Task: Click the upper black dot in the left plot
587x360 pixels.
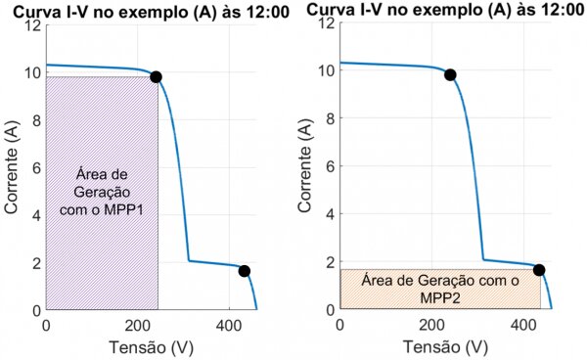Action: (156, 76)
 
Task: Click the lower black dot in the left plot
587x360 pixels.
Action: (244, 271)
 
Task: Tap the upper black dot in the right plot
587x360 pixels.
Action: (450, 74)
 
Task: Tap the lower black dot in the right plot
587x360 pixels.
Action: (539, 269)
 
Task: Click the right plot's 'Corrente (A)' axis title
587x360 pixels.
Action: (305, 165)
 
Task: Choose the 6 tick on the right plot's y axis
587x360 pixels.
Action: (328, 166)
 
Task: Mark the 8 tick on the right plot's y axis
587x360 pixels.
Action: (328, 118)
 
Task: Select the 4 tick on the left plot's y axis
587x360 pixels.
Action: (35, 215)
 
